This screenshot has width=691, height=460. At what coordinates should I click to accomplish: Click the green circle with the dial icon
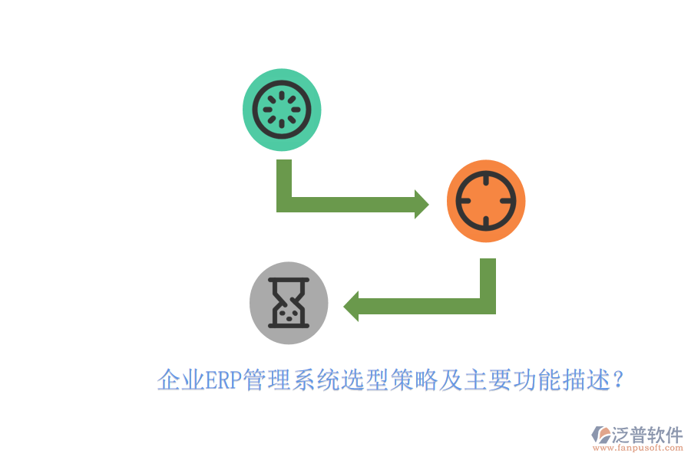282,110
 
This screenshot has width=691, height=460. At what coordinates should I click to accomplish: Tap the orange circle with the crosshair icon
486,201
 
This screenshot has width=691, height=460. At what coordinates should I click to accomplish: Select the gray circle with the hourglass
289,303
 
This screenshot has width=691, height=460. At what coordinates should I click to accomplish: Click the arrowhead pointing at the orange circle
422,204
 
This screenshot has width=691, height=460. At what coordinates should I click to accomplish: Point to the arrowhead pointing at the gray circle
351,307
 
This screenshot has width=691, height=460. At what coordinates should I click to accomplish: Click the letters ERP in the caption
224,380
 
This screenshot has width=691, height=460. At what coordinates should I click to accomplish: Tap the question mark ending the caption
618,379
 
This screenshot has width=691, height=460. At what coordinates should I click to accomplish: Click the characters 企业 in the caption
181,380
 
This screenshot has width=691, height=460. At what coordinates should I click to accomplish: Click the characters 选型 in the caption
364,380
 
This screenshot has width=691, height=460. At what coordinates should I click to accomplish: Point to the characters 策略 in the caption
413,380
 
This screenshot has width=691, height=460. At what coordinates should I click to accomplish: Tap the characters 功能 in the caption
535,380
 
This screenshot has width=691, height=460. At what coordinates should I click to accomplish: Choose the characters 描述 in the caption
584,380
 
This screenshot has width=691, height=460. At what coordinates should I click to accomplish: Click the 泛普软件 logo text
647,435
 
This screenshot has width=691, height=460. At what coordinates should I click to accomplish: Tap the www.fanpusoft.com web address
638,448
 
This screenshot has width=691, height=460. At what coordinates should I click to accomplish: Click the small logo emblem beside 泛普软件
601,435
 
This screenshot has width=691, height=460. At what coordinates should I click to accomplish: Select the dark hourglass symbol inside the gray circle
289,303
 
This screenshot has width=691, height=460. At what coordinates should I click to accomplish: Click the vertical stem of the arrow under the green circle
284,179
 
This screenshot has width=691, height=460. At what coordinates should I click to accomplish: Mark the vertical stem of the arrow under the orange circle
488,278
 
